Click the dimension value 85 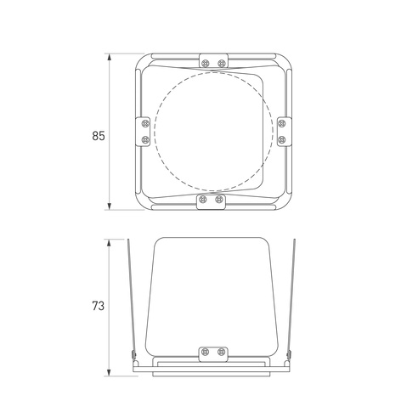pyautogui.click(x=99, y=136)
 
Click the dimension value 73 pyautogui.click(x=99, y=306)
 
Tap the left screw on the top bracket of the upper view pyautogui.click(x=206, y=63)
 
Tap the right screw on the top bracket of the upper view pyautogui.click(x=221, y=63)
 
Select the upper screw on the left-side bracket pyautogui.click(x=145, y=124)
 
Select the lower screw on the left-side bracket pyautogui.click(x=145, y=139)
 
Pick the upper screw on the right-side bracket pyautogui.click(x=282, y=124)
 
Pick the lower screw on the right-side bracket pyautogui.click(x=282, y=139)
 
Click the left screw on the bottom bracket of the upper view pyautogui.click(x=203, y=200)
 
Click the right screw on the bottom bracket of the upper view pyautogui.click(x=218, y=200)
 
